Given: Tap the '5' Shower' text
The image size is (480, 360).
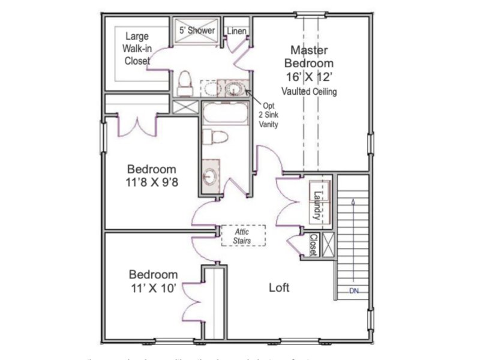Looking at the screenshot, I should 197,30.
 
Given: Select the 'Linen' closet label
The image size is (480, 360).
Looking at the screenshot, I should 237,31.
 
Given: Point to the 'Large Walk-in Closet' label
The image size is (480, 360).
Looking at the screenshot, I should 137,49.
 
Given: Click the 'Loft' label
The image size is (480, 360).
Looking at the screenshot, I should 279,287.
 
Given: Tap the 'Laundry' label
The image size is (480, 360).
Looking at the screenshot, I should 316,205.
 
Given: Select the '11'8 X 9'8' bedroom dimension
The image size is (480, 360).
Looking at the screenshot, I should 152,183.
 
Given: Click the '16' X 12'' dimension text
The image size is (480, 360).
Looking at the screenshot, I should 310,77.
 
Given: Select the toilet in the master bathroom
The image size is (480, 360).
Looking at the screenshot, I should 185,83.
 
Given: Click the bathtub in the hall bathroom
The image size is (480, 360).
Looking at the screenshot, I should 224,113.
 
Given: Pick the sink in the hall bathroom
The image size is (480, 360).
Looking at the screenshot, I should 210,176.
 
